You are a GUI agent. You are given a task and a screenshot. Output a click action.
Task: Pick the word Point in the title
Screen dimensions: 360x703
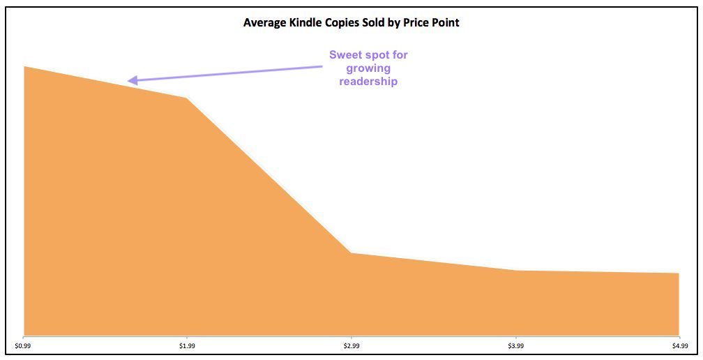coord(446,22)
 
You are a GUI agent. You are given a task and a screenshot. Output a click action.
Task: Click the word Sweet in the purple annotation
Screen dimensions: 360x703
coord(345,55)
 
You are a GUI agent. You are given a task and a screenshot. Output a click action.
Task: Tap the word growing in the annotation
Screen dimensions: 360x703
coord(368,68)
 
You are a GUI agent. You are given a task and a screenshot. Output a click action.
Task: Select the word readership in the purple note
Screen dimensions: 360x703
coord(368,82)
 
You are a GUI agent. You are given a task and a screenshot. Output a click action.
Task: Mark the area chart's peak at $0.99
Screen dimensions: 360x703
coord(24,67)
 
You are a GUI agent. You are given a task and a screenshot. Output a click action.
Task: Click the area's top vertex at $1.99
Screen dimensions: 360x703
coord(187,98)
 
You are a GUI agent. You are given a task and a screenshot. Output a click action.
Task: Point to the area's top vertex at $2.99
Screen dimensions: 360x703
coord(351,253)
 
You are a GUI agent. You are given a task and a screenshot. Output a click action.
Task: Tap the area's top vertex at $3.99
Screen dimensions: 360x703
coord(515,270)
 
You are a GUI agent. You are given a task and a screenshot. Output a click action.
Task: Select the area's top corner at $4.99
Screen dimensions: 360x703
coord(678,273)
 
